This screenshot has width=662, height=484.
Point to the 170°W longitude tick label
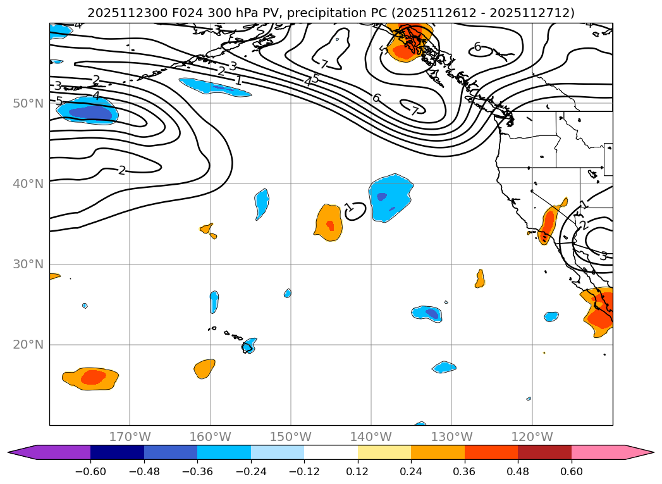tap(130, 437)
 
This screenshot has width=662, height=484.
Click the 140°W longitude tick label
tap(371, 437)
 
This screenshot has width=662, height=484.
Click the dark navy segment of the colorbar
tap(117, 452)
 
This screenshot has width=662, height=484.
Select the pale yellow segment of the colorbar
tap(384, 452)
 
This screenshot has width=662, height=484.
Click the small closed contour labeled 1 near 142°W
tap(356, 211)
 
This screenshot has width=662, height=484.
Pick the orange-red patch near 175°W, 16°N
tap(91, 378)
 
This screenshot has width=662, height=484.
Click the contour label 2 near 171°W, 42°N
tap(122, 170)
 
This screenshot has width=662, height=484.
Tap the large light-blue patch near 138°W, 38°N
tap(389, 197)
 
